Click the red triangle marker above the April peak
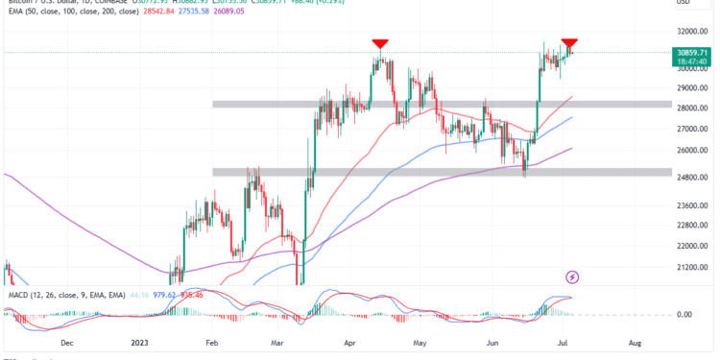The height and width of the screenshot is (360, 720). (x=380, y=43)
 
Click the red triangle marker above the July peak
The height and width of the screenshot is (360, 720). (x=569, y=43)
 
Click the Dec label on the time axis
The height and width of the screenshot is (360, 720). (x=65, y=341)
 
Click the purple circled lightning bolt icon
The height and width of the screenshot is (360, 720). (x=573, y=277)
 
